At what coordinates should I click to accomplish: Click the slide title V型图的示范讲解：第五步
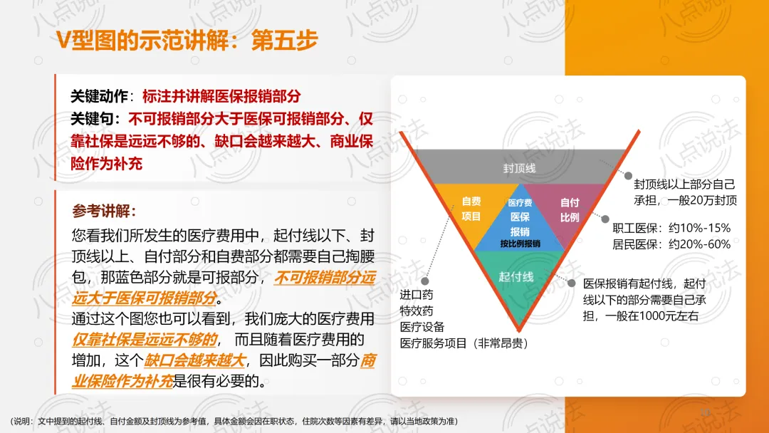point(187,41)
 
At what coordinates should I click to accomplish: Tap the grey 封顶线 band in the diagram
point(519,167)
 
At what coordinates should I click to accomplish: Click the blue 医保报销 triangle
point(519,221)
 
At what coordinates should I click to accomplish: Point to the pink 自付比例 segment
point(569,209)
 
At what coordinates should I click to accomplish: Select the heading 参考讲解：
point(104,212)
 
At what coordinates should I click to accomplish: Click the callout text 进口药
point(416,295)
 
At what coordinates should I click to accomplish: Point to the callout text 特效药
point(416,311)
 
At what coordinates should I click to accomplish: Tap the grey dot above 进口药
point(424,281)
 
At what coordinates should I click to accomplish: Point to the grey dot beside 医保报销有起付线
point(570,283)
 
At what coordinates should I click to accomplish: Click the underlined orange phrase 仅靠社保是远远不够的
point(147,338)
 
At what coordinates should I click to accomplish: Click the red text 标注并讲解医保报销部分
point(221,96)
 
